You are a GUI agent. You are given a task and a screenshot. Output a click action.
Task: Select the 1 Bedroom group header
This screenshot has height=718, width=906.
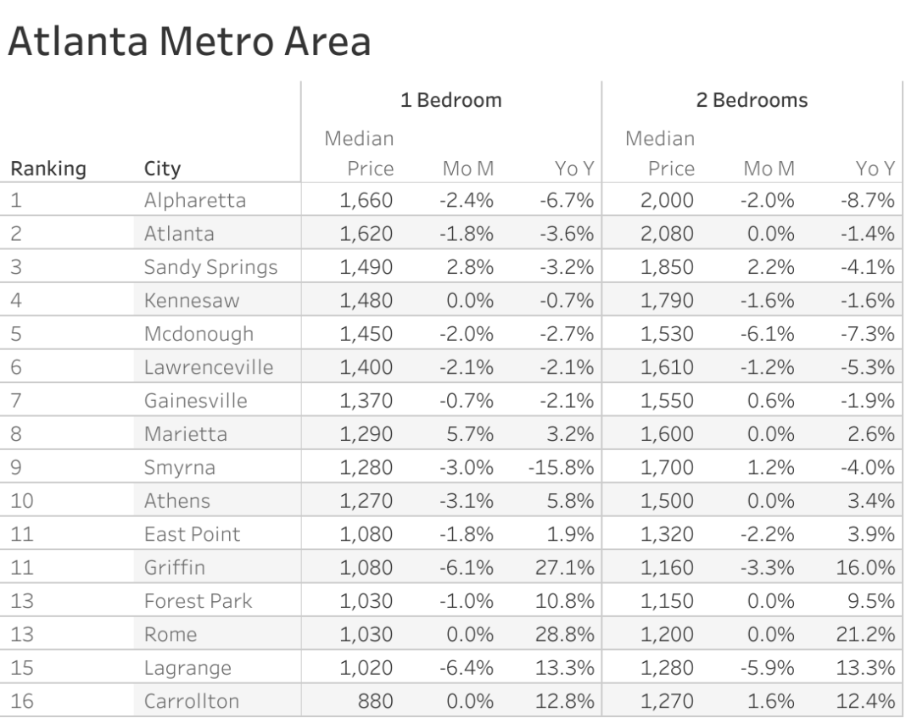coord(451,101)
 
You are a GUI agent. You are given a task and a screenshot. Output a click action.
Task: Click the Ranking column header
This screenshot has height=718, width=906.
coord(48,169)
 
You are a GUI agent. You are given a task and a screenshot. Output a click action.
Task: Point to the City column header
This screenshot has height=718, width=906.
coord(163,169)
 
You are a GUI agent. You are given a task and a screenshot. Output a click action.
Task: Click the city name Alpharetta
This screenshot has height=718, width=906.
coord(194,201)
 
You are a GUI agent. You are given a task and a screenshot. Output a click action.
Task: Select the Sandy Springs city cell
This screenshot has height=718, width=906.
coord(210,267)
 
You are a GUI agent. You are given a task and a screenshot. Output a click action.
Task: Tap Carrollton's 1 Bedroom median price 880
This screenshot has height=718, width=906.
coord(376,700)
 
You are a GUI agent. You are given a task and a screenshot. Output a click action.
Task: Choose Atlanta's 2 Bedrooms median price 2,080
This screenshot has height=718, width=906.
coord(668,234)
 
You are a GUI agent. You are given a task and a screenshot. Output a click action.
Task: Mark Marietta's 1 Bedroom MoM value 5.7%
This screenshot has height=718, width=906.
coord(469,434)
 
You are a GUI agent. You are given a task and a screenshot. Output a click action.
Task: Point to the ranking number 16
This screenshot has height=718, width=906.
coord(22,700)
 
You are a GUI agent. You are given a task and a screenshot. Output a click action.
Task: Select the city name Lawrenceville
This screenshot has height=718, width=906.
coord(210,367)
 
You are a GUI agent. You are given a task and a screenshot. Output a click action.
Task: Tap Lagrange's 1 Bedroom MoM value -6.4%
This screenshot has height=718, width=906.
coord(467,667)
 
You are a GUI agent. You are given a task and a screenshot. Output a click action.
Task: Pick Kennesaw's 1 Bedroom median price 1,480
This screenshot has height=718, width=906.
coord(367,301)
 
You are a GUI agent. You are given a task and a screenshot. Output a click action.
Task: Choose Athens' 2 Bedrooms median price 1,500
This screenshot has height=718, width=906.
coord(668,500)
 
